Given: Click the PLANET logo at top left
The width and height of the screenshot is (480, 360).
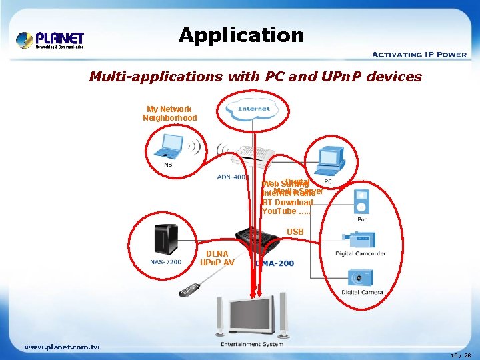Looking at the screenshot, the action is pos(50,39).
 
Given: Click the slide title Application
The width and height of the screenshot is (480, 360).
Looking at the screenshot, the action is pos(241,35).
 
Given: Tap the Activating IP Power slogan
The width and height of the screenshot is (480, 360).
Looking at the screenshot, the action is pos(419,54).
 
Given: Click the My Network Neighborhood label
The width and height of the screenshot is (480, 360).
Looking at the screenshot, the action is pos(169,113).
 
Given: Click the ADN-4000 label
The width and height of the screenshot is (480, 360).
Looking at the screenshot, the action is pos(231,177).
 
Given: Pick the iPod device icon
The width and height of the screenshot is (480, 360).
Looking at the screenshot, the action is pos(361,201).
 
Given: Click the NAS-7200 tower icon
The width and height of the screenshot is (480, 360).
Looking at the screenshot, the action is pos(164,239).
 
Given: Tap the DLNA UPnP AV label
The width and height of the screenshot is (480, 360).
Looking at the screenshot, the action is pos(217,258).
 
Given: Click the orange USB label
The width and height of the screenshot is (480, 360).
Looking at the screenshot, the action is pos(295,232).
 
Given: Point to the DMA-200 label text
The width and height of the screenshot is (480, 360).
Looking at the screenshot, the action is pos(275,263).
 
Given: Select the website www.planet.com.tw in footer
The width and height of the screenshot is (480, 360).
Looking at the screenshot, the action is pos(61,347).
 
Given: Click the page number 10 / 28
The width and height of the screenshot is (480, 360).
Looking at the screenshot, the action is pos(460,355).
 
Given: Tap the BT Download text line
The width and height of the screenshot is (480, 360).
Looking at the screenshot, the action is pos(287,202).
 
